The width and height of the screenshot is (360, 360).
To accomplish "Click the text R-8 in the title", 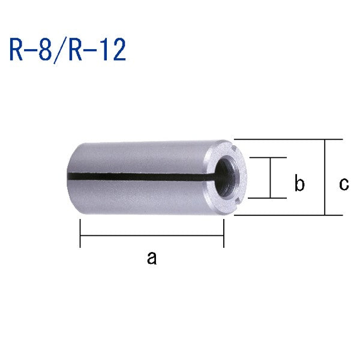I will point(31,50).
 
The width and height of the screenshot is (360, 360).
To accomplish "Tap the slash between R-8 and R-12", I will point(61,50).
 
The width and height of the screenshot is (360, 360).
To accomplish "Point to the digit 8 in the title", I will point(48,50).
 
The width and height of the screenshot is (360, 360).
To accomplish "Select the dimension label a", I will point(151,258).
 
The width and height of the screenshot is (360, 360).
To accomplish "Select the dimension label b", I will point(299,184).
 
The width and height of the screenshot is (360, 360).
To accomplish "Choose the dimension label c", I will point(343,184).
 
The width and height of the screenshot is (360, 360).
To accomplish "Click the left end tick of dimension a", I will point(80,235).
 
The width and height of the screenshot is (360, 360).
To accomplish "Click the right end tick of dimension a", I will point(224,235).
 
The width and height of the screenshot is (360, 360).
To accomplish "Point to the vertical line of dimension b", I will point(270,178).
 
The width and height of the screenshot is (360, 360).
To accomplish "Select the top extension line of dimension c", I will point(288,139).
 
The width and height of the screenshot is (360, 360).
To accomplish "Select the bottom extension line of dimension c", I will point(288,215).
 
